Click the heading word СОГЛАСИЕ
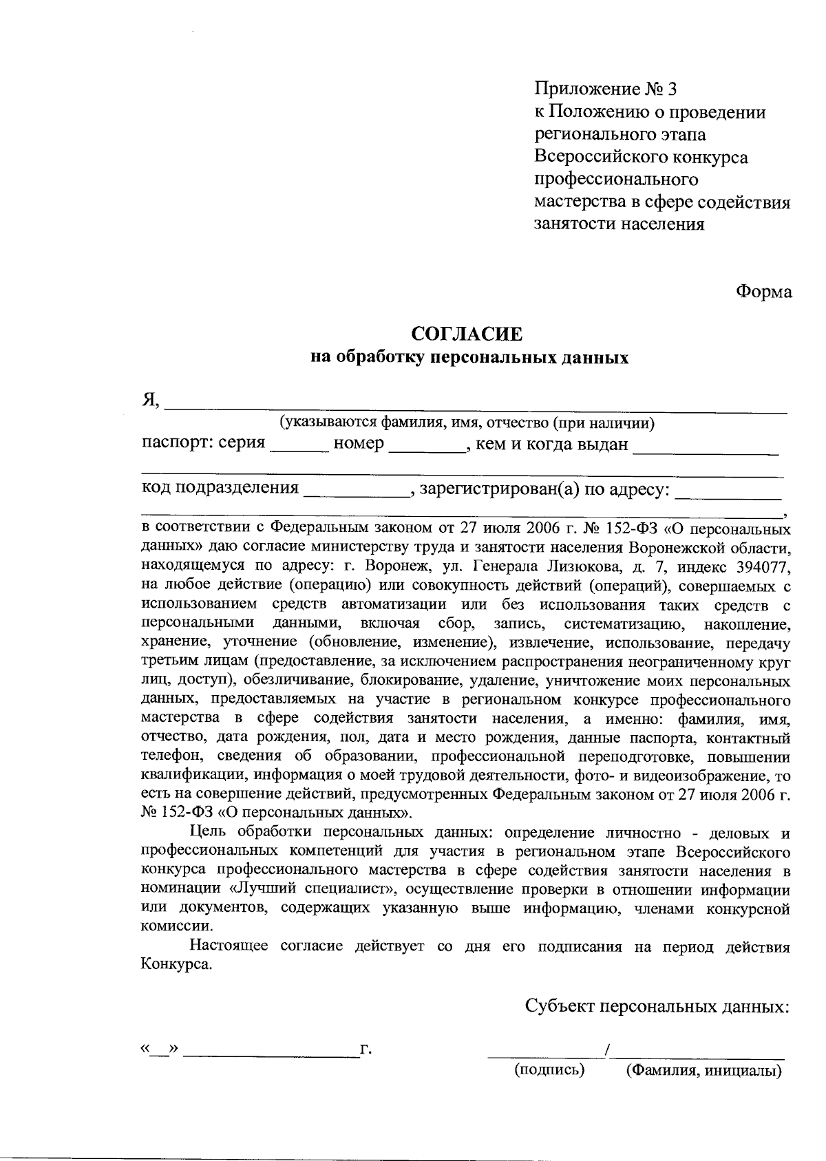(x=467, y=334)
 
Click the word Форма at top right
(x=764, y=292)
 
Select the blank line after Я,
(x=476, y=409)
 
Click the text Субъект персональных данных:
(x=657, y=1006)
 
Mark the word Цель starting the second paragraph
(x=208, y=833)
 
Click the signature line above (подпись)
(x=544, y=1054)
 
